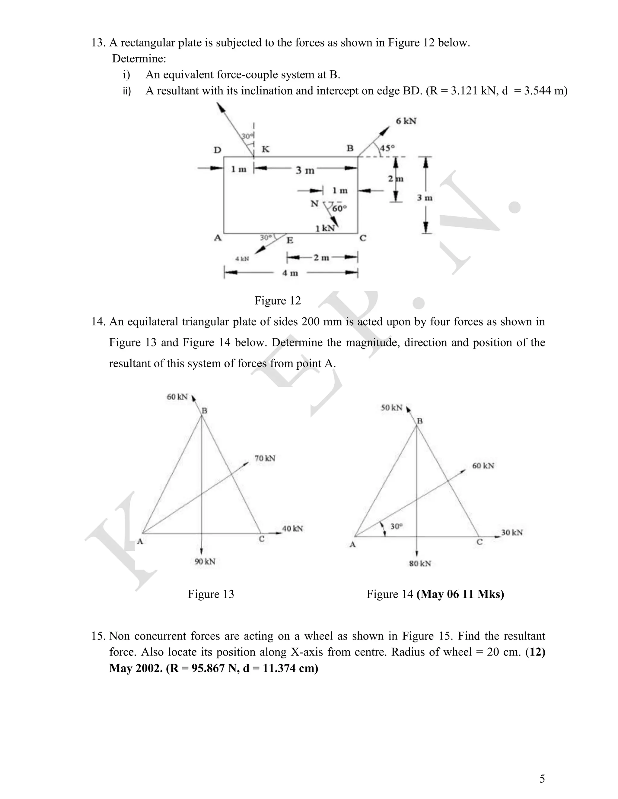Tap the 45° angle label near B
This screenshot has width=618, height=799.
coord(387,148)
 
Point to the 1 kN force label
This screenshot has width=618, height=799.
coord(325,228)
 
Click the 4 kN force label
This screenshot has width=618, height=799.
coord(242,259)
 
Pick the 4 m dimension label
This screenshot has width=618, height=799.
coord(290,273)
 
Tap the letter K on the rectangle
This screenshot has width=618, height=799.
coord(266,149)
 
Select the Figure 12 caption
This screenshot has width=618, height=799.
coord(278,300)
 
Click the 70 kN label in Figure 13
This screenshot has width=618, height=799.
coord(265,458)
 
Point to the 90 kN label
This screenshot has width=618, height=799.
coord(205,561)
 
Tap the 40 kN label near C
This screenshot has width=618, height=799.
coord(292,528)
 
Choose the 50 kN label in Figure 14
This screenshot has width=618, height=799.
coord(391,408)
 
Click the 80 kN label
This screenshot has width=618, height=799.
coord(420,564)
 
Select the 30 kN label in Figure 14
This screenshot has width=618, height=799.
coord(512,532)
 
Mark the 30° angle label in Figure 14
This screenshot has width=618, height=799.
coord(397,526)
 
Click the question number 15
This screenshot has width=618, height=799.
coord(98,636)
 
